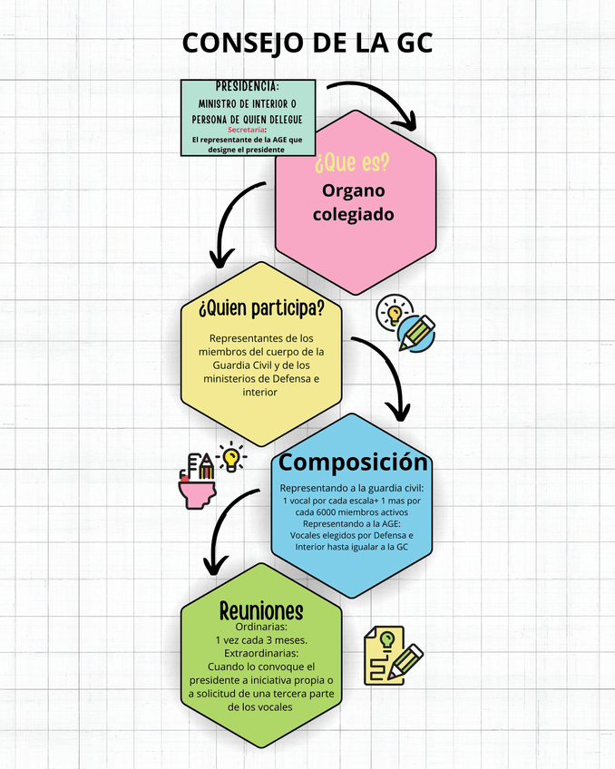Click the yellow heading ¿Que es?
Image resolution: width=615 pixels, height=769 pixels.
pyautogui.click(x=353, y=164)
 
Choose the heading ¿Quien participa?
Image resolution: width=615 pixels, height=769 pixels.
pyautogui.click(x=261, y=307)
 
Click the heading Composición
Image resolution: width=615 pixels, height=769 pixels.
pyautogui.click(x=353, y=462)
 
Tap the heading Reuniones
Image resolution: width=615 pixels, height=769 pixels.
pyautogui.click(x=261, y=610)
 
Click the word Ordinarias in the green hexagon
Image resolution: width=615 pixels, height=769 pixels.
pyautogui.click(x=261, y=627)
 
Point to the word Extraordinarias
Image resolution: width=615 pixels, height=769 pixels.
pyautogui.click(x=261, y=652)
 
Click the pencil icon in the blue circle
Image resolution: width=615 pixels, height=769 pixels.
pyautogui.click(x=416, y=333)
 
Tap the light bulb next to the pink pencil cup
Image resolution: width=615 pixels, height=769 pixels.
pyautogui.click(x=233, y=456)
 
